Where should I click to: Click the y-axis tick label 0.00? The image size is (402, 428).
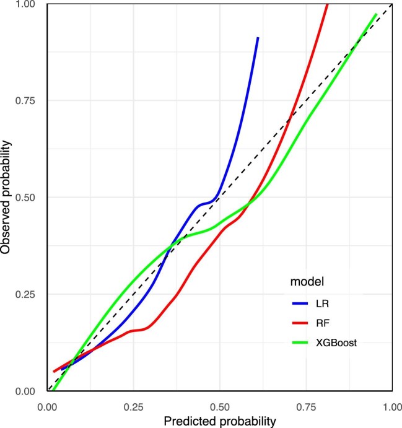[x=26, y=391]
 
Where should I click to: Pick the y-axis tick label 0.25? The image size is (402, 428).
[x=26, y=294]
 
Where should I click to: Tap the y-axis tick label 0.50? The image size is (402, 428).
[x=26, y=198]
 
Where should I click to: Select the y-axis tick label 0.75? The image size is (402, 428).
[x=26, y=101]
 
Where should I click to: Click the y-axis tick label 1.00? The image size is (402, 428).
[x=26, y=5]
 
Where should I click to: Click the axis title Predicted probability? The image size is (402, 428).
[x=219, y=421]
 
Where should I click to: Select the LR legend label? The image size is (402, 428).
[x=321, y=304]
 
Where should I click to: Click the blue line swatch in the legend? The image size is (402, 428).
[x=299, y=304]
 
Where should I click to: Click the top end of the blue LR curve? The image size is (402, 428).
[x=258, y=38]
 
